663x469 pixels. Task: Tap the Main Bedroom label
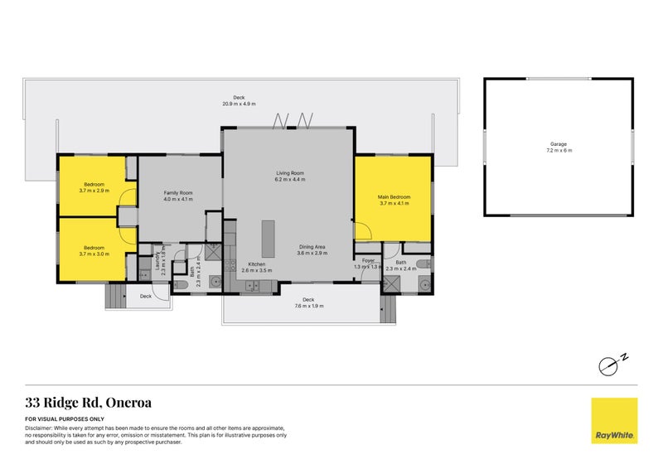pyautogui.click(x=394, y=196)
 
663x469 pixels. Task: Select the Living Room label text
pyautogui.click(x=291, y=173)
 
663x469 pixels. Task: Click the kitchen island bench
pyautogui.click(x=269, y=239)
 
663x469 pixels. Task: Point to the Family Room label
pyautogui.click(x=178, y=192)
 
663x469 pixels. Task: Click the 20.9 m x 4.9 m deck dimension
pyautogui.click(x=239, y=104)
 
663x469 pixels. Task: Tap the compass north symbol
pyautogui.click(x=612, y=362)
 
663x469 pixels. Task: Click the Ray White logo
pyautogui.click(x=614, y=421)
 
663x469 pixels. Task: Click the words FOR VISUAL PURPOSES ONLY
pyautogui.click(x=59, y=421)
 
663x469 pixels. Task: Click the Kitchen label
pyautogui.click(x=253, y=264)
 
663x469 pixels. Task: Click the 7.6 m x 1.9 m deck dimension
pyautogui.click(x=308, y=306)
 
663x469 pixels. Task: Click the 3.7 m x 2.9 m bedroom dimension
pyautogui.click(x=94, y=191)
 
